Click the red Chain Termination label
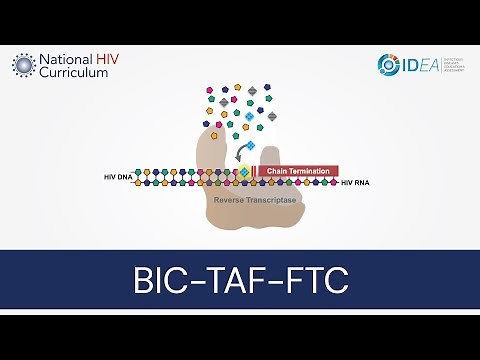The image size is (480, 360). [301, 171]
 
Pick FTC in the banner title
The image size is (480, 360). [313, 280]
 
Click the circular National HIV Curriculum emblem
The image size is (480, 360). [23, 66]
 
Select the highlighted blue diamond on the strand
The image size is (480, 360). [244, 173]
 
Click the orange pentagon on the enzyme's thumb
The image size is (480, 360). [213, 134]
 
